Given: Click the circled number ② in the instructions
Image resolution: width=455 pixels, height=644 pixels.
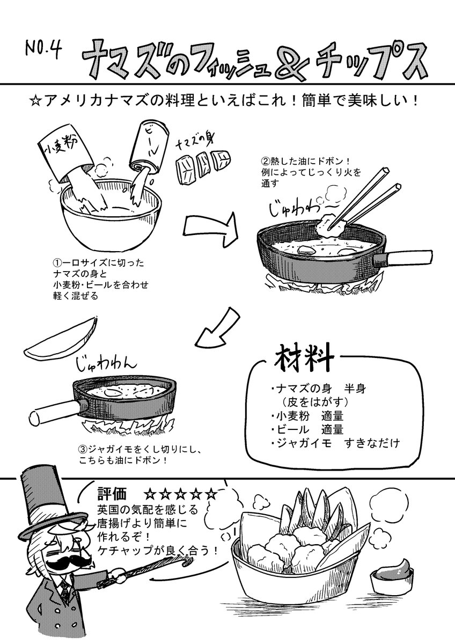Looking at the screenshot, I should [x=264, y=161].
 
